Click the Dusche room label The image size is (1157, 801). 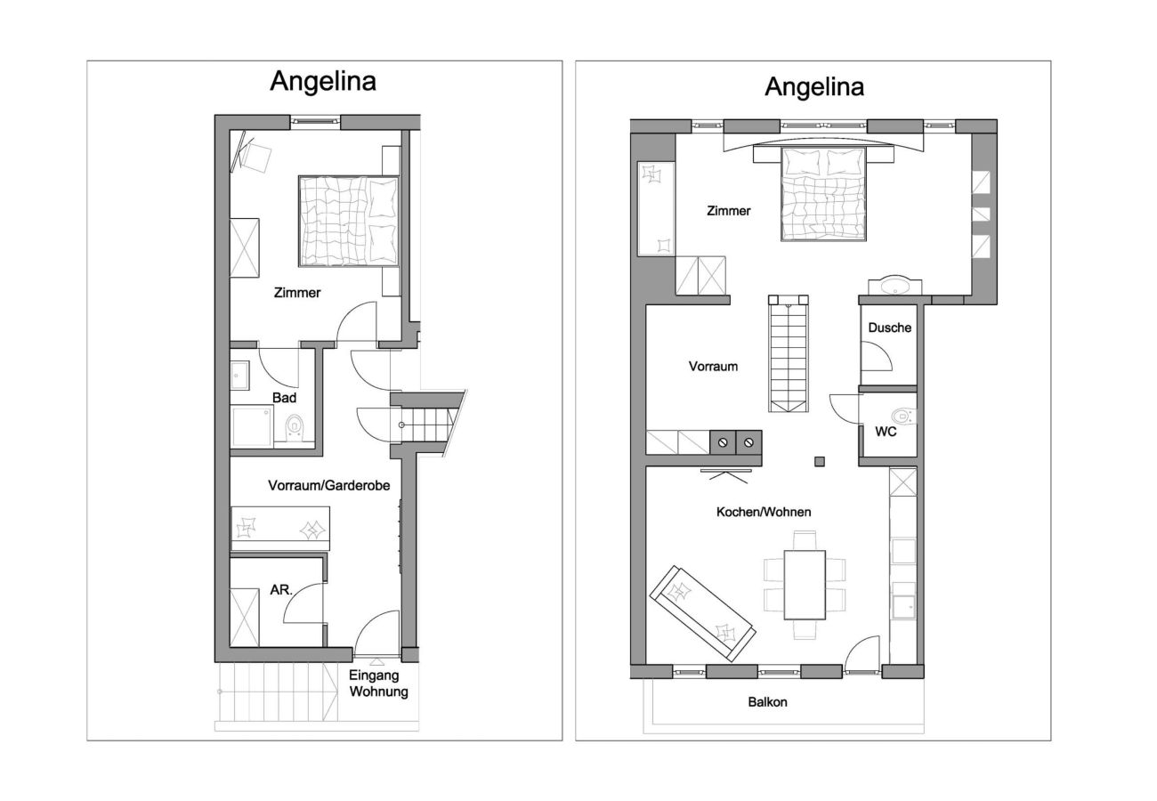pyautogui.click(x=889, y=328)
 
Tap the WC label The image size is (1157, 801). pyautogui.click(x=886, y=432)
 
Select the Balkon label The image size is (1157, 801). pyautogui.click(x=767, y=701)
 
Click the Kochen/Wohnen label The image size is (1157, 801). pyautogui.click(x=764, y=512)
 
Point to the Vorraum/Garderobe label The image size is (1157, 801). pyautogui.click(x=328, y=485)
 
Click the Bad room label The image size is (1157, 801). pyautogui.click(x=284, y=398)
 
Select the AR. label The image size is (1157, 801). pyautogui.click(x=281, y=589)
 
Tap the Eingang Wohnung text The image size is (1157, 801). pyautogui.click(x=378, y=684)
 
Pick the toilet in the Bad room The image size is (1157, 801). pyautogui.click(x=293, y=428)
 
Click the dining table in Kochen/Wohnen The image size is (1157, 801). pyautogui.click(x=805, y=585)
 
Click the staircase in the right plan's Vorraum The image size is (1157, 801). pyautogui.click(x=789, y=353)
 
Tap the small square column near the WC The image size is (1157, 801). pyautogui.click(x=819, y=461)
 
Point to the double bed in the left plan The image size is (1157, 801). pyautogui.click(x=348, y=221)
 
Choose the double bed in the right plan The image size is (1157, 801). pyautogui.click(x=823, y=193)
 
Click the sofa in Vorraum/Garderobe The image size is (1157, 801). pyautogui.click(x=280, y=529)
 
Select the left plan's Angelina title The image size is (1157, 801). pyautogui.click(x=322, y=81)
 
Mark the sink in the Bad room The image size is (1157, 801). pyautogui.click(x=240, y=375)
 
